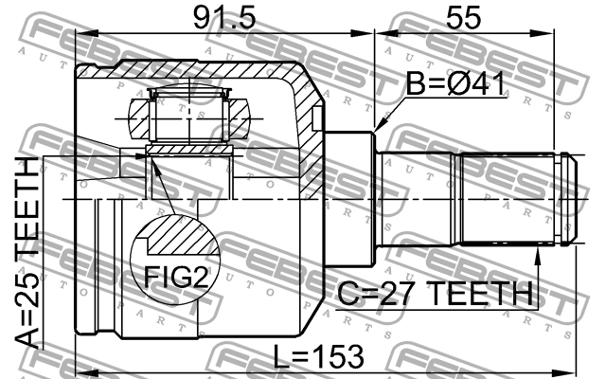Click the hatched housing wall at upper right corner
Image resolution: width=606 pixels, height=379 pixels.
point(308,99)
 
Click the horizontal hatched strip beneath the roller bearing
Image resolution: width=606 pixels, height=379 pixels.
point(189,150)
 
